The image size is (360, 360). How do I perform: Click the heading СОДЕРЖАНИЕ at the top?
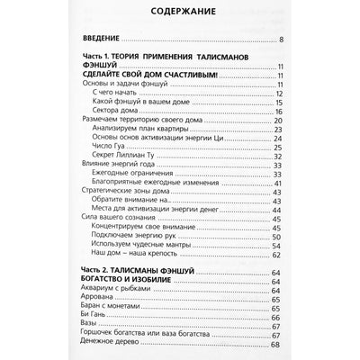pyautogui.click(x=179, y=15)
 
